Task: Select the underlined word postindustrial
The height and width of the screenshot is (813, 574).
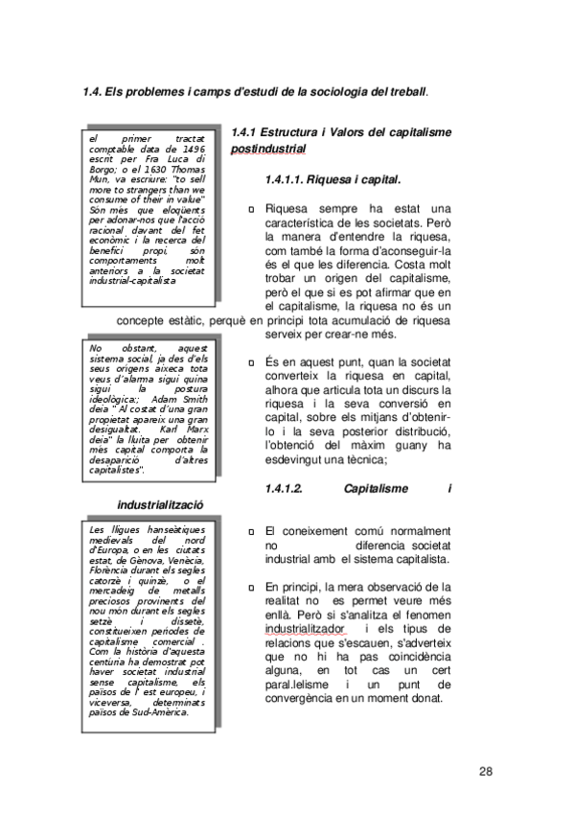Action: (268, 150)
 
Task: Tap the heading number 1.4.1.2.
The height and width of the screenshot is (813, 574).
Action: (284, 488)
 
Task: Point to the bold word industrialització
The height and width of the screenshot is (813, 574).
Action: (160, 504)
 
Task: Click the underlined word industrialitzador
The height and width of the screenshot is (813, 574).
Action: (304, 628)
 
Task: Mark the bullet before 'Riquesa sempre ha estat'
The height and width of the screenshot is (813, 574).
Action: (250, 209)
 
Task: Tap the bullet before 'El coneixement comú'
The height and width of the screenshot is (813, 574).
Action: (250, 531)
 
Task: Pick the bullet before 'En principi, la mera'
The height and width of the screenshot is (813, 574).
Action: (250, 587)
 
